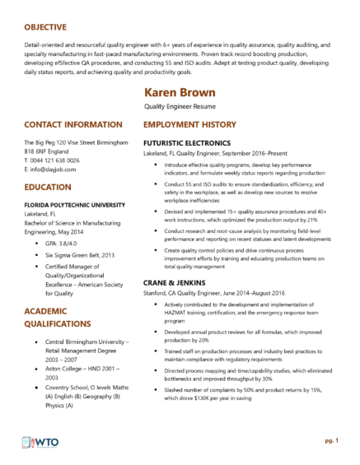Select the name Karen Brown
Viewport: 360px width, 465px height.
pyautogui.click(x=180, y=92)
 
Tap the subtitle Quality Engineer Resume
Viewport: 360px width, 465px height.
pyautogui.click(x=179, y=108)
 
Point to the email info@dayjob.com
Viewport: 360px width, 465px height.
pyautogui.click(x=49, y=169)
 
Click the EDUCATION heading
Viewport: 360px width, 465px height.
pyautogui.click(x=51, y=187)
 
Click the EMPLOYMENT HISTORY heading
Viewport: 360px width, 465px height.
pyautogui.click(x=189, y=125)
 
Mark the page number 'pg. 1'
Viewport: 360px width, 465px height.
pyautogui.click(x=331, y=441)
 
